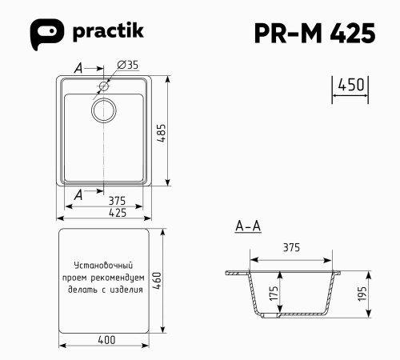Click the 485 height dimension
162,132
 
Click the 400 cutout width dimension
106,340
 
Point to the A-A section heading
247,226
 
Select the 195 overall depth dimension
361,294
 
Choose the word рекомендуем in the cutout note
116,278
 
